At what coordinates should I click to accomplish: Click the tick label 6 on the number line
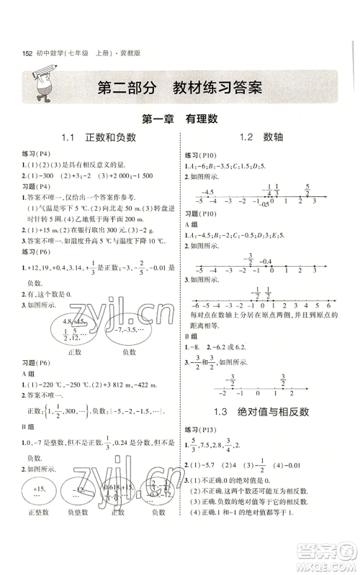(328, 305)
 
